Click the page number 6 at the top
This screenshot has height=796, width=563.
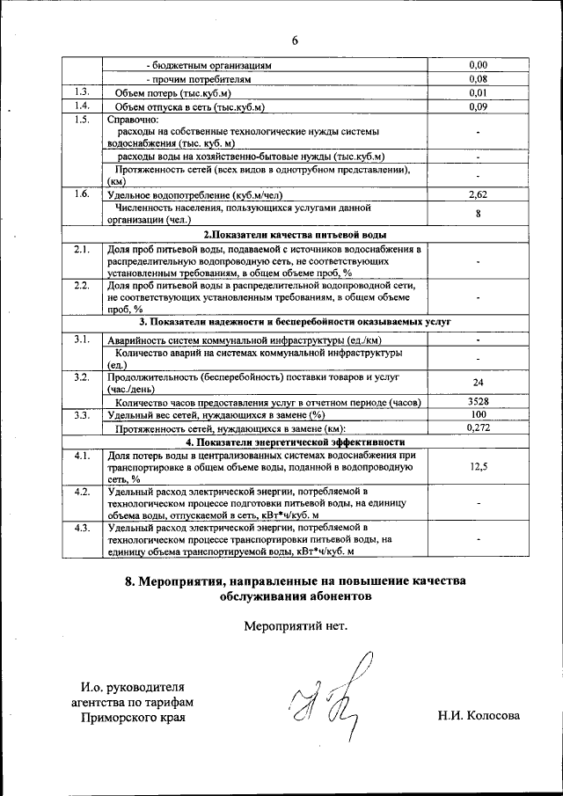click(x=296, y=40)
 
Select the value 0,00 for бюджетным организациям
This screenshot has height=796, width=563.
click(x=478, y=65)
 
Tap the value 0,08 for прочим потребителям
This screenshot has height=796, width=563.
click(x=478, y=79)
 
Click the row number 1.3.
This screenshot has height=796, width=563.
click(x=83, y=92)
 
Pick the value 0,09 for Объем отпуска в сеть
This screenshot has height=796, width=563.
click(x=478, y=107)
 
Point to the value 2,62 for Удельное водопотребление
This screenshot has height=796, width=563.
click(x=478, y=194)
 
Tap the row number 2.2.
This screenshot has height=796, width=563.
click(x=83, y=285)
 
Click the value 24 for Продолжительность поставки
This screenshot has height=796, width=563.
click(x=478, y=383)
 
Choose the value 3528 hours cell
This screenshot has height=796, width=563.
click(x=478, y=402)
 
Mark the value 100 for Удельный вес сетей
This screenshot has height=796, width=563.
click(x=478, y=414)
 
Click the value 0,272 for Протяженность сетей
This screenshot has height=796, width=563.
click(x=478, y=427)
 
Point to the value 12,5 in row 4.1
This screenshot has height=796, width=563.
click(x=478, y=467)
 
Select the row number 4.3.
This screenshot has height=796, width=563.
click(x=83, y=527)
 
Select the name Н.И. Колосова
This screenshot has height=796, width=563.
click(x=479, y=716)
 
